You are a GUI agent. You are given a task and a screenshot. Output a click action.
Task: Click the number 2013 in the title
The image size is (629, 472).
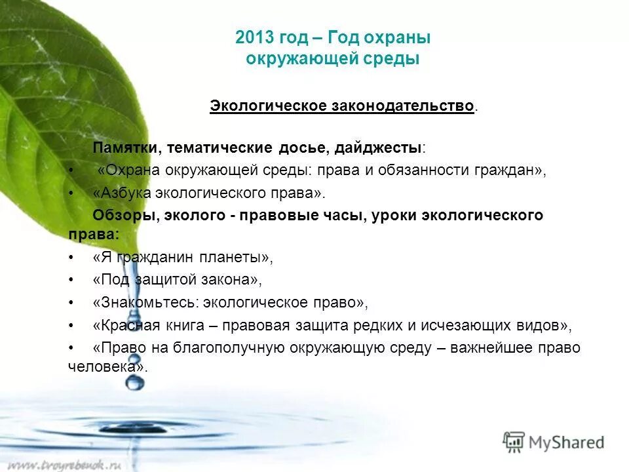tap(254, 38)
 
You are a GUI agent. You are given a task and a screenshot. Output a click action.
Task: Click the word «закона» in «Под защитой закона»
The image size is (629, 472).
tap(232, 279)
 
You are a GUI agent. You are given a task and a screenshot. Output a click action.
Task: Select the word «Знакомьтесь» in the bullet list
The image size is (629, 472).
tap(147, 303)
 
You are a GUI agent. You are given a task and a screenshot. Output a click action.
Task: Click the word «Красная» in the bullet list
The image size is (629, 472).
tap(126, 325)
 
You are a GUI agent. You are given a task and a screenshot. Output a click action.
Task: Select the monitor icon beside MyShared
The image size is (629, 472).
tap(514, 442)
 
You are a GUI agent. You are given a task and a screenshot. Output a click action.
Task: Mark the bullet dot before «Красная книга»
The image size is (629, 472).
tap(71, 326)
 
